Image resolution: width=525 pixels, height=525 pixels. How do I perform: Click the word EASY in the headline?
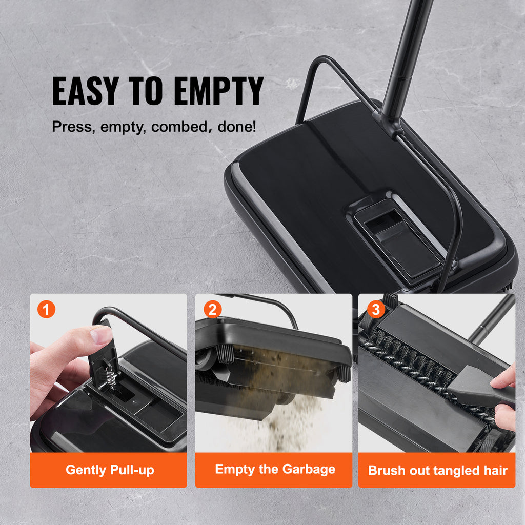point(85,91)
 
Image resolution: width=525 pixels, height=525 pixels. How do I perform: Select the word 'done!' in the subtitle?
point(236,127)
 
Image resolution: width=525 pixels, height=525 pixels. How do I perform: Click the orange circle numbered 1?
point(47,309)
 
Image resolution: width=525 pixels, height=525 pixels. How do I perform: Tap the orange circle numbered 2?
point(212,309)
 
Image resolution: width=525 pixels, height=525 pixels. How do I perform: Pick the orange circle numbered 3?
point(375,309)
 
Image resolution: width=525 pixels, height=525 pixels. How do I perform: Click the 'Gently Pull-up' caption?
point(109,470)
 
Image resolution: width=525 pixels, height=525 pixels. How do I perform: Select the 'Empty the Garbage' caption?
point(275,469)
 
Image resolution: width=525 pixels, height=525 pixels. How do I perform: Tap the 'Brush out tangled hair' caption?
point(437,470)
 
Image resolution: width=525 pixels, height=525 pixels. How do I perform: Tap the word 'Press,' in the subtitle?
point(72,127)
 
